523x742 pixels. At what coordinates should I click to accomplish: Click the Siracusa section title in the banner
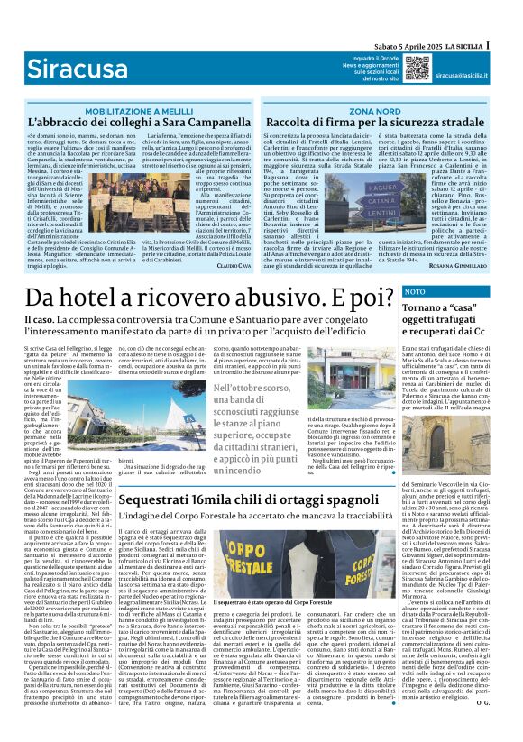click(65, 68)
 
